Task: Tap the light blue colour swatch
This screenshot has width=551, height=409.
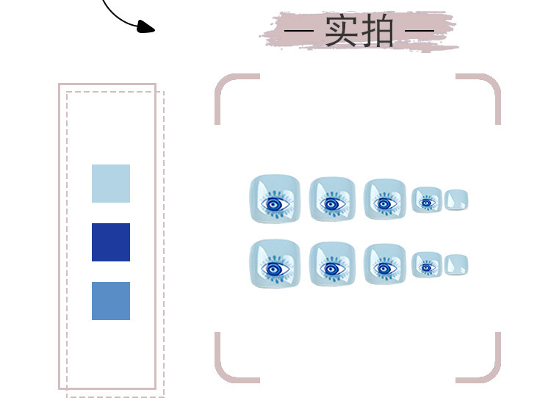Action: click(111, 184)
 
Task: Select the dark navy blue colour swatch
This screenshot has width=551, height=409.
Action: click(111, 242)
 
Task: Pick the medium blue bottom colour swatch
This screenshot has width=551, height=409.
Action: click(111, 301)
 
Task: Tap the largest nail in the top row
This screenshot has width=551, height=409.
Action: click(275, 199)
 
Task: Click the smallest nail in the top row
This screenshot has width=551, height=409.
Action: click(456, 200)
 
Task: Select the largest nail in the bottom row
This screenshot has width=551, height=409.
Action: click(275, 264)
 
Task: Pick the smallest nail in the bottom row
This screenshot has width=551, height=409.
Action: click(456, 265)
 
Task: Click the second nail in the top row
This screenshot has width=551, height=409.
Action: click(332, 199)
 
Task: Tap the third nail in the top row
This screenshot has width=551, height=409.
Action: click(384, 199)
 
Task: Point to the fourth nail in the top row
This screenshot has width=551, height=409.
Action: click(427, 200)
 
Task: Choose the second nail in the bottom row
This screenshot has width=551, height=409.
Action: click(332, 264)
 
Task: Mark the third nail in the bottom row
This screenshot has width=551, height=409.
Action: click(384, 264)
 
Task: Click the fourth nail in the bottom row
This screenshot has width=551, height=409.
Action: click(427, 265)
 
